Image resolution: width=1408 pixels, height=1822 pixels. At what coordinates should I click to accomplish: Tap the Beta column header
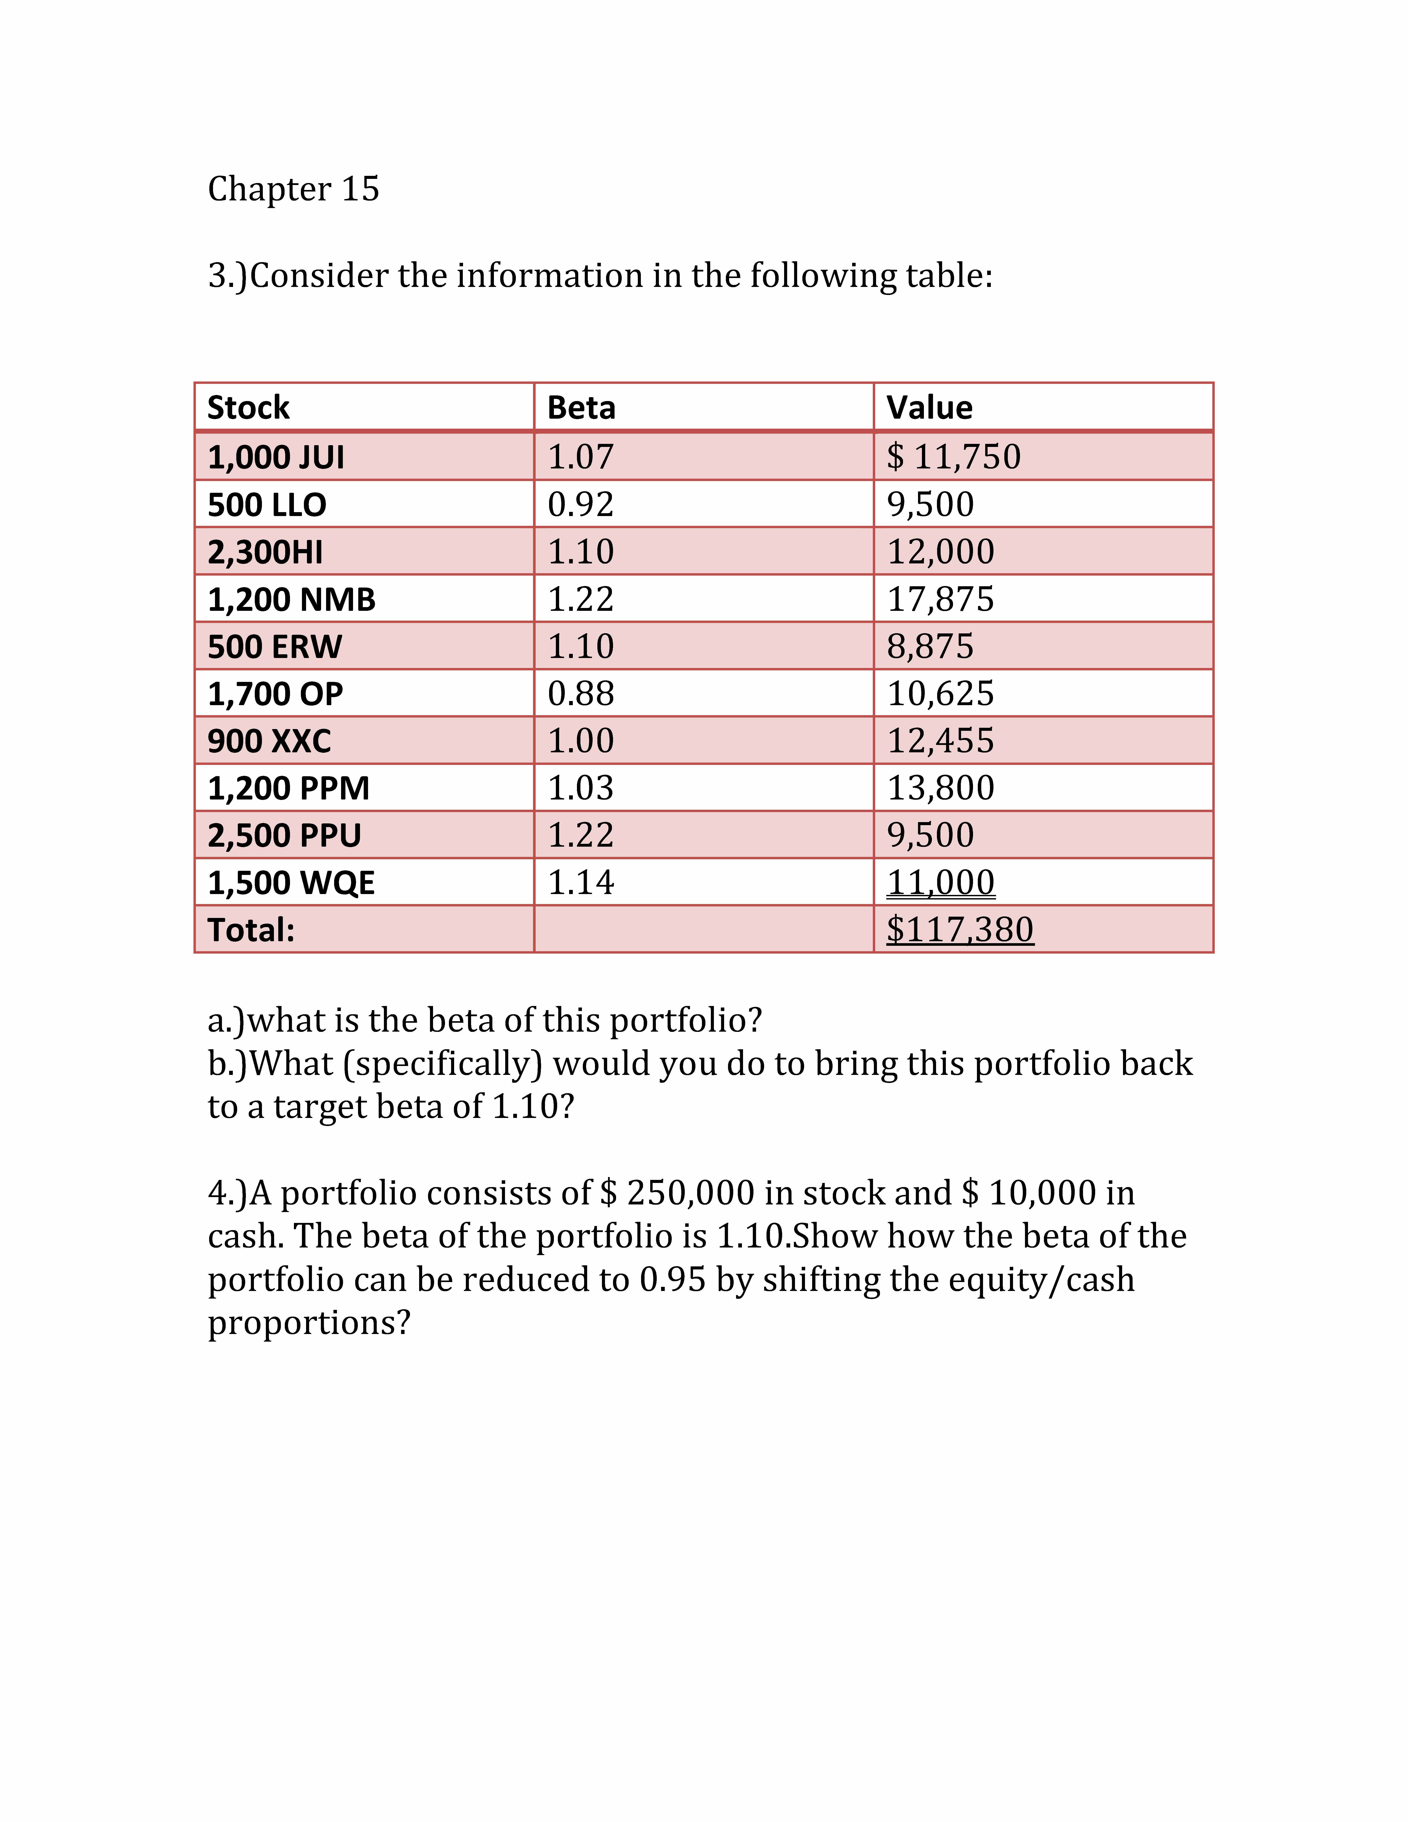pos(581,408)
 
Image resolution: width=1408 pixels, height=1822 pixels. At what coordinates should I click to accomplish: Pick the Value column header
pos(929,408)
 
